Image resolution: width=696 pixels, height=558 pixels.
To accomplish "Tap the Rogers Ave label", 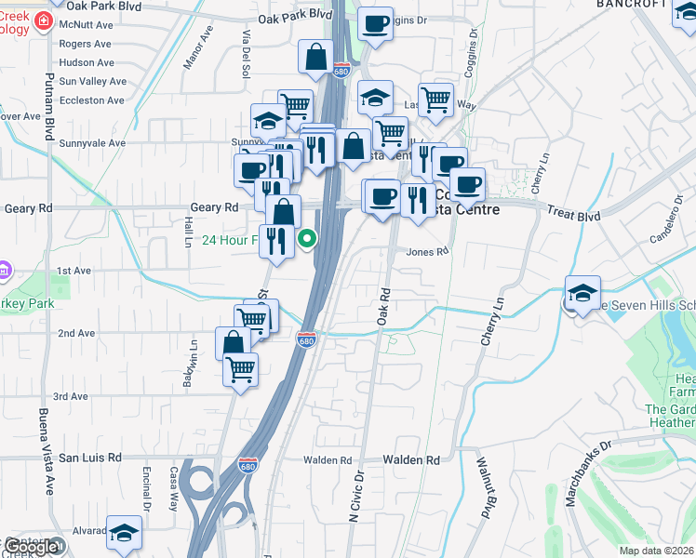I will (85, 44).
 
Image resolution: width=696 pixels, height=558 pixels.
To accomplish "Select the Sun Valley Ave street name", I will (92, 81).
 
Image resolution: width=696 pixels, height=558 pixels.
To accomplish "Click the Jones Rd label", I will (428, 251).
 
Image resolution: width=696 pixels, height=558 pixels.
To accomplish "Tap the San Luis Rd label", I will (90, 458).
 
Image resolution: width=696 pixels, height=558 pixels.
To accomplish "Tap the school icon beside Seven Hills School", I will (582, 295).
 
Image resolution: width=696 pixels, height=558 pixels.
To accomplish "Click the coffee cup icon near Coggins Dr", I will (375, 24).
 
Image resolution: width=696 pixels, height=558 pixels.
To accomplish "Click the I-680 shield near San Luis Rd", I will (248, 463).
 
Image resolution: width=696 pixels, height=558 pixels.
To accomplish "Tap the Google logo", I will (33, 547).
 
